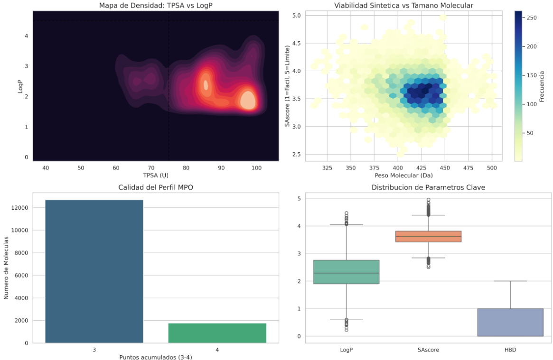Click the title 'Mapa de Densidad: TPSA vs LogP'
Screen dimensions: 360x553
pyautogui.click(x=156, y=5)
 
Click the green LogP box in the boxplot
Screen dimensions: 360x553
pyautogui.click(x=347, y=272)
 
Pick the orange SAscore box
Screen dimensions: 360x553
pyautogui.click(x=428, y=236)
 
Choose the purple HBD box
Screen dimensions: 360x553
pyautogui.click(x=510, y=323)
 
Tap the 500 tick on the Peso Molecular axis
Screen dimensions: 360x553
pyautogui.click(x=492, y=168)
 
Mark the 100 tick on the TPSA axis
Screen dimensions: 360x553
pyautogui.click(x=256, y=168)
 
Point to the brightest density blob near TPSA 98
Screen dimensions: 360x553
pyautogui.click(x=247, y=100)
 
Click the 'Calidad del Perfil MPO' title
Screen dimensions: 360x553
pyautogui.click(x=156, y=187)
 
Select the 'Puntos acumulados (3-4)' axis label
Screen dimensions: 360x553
pyautogui.click(x=156, y=357)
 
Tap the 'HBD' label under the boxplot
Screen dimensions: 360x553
pyautogui.click(x=510, y=350)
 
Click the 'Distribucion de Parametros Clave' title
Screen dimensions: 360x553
pyautogui.click(x=428, y=187)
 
